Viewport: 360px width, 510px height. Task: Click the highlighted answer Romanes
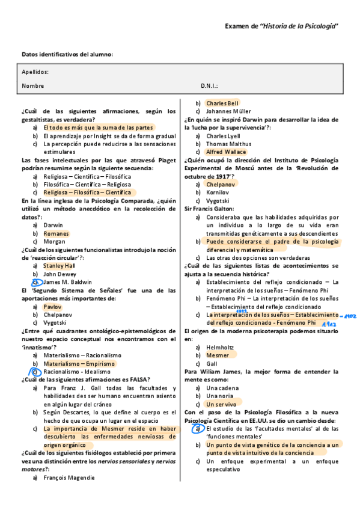coord(56,233)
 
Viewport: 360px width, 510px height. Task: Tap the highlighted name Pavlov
coord(52,307)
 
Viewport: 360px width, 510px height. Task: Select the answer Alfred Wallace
coord(226,152)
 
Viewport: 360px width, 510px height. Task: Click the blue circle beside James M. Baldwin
coord(35,281)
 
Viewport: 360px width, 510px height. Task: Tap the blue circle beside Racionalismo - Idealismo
coord(35,372)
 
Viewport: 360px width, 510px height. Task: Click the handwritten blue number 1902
coord(350,315)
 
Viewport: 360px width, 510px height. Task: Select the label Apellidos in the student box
coord(35,72)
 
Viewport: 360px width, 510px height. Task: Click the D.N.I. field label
coord(209,86)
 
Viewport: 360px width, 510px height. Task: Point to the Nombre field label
coord(33,86)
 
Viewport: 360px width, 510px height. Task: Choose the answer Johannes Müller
coord(228,111)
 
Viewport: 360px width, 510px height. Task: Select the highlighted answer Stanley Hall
coord(59,265)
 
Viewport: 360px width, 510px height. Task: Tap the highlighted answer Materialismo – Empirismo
coord(79,363)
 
